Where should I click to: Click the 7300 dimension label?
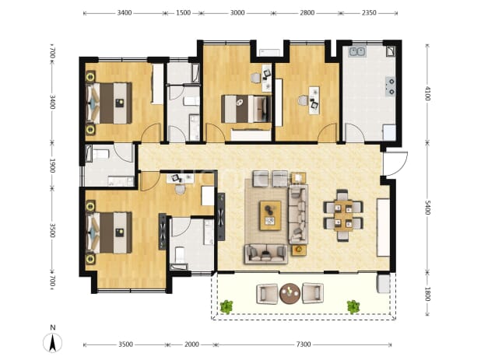(303, 344)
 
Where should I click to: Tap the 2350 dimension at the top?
(369, 13)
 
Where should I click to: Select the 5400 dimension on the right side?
(427, 207)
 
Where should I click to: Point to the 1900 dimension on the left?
(52, 166)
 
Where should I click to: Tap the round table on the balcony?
(290, 293)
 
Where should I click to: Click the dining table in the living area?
(343, 215)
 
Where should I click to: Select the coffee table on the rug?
(270, 215)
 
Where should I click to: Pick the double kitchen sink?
(356, 51)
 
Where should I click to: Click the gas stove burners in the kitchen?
(391, 86)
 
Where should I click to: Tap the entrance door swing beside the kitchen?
(395, 163)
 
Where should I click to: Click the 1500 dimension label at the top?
(183, 13)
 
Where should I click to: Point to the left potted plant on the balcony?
(226, 306)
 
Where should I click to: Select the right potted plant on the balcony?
(353, 306)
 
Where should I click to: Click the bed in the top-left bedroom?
(109, 103)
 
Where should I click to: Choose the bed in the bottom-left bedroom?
(109, 232)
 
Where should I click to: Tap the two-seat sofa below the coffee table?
(266, 254)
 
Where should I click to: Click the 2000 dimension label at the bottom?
(191, 344)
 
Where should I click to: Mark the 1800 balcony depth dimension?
(427, 294)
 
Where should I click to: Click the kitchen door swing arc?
(354, 131)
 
